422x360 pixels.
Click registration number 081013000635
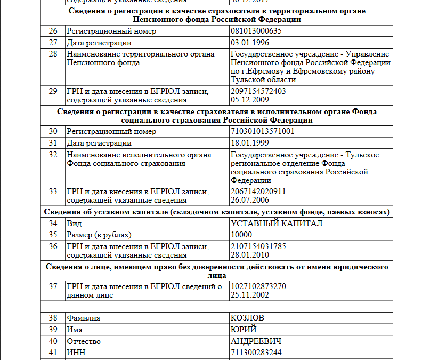click(x=256, y=31)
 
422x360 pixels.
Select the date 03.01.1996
click(x=249, y=43)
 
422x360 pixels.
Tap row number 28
click(x=53, y=54)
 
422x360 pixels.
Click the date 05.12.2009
click(x=249, y=100)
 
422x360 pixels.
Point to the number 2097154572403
click(x=258, y=91)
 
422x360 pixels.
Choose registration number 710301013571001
click(x=262, y=131)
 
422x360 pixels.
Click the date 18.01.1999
click(x=249, y=143)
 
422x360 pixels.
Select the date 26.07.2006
click(x=249, y=200)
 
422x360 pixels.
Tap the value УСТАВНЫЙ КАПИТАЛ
click(x=277, y=223)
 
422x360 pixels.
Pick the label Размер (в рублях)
click(x=99, y=235)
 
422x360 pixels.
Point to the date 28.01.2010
click(x=249, y=255)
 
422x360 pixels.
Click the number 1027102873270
click(x=258, y=286)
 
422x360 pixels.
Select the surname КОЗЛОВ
click(x=247, y=318)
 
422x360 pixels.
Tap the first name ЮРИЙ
click(x=244, y=330)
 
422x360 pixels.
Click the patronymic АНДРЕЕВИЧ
click(x=256, y=341)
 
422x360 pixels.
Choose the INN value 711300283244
click(x=256, y=353)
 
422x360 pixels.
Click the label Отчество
click(x=83, y=341)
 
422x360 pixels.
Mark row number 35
click(x=53, y=235)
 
